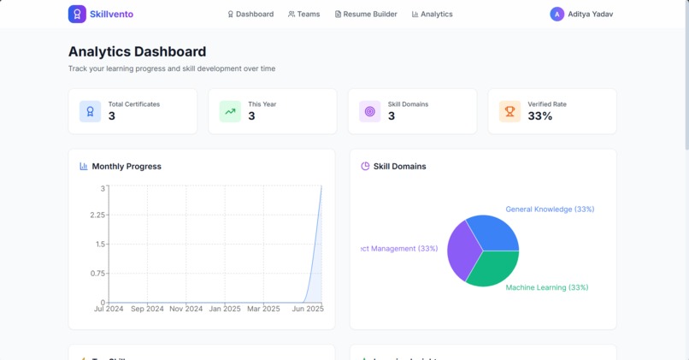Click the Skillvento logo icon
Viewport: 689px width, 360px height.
[x=77, y=14]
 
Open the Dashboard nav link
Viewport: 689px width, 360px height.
[x=250, y=15]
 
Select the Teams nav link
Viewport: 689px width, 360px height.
[x=304, y=15]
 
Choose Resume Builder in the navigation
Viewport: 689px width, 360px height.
[x=366, y=15]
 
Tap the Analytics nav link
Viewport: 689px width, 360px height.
[x=433, y=15]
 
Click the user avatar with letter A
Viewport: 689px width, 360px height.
[x=556, y=15]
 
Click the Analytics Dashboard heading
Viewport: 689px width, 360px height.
[x=137, y=51]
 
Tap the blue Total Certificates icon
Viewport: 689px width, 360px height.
[x=90, y=111]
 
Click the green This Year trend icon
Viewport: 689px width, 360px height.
[x=230, y=111]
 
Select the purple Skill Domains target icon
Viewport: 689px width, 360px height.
[x=369, y=111]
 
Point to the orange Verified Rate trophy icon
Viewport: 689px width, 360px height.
[x=509, y=111]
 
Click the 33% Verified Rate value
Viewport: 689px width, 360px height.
[x=540, y=116]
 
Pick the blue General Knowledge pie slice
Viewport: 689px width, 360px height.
[x=495, y=232]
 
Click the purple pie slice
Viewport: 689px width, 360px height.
[x=462, y=251]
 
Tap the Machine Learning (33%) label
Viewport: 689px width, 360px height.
[x=546, y=287]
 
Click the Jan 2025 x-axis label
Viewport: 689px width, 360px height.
[x=226, y=309]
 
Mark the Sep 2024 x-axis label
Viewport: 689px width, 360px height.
[x=147, y=309]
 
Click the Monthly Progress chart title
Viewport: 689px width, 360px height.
[x=127, y=167]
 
